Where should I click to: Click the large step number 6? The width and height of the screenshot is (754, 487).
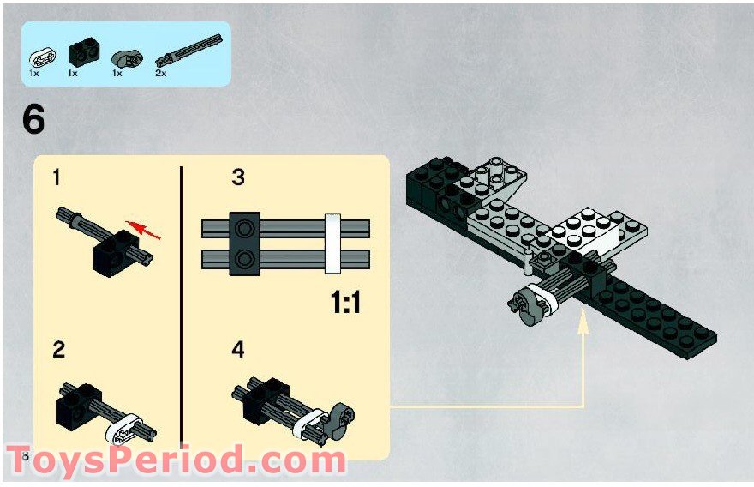click(x=33, y=119)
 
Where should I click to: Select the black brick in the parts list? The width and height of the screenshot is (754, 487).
click(x=80, y=56)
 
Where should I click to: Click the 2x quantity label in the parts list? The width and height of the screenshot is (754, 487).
click(x=161, y=75)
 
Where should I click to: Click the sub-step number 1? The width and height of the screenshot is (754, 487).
click(x=57, y=178)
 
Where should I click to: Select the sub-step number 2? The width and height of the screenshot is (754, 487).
click(x=58, y=350)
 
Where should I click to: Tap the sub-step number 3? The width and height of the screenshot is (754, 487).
click(x=238, y=178)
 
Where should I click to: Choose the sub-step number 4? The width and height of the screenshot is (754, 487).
click(x=238, y=350)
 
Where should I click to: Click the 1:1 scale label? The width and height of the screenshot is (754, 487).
click(x=345, y=303)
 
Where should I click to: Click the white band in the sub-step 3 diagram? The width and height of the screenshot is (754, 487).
click(x=333, y=243)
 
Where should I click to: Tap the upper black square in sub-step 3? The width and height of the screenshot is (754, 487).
click(x=245, y=228)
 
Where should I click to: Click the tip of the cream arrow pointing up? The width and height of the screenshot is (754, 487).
click(x=583, y=321)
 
